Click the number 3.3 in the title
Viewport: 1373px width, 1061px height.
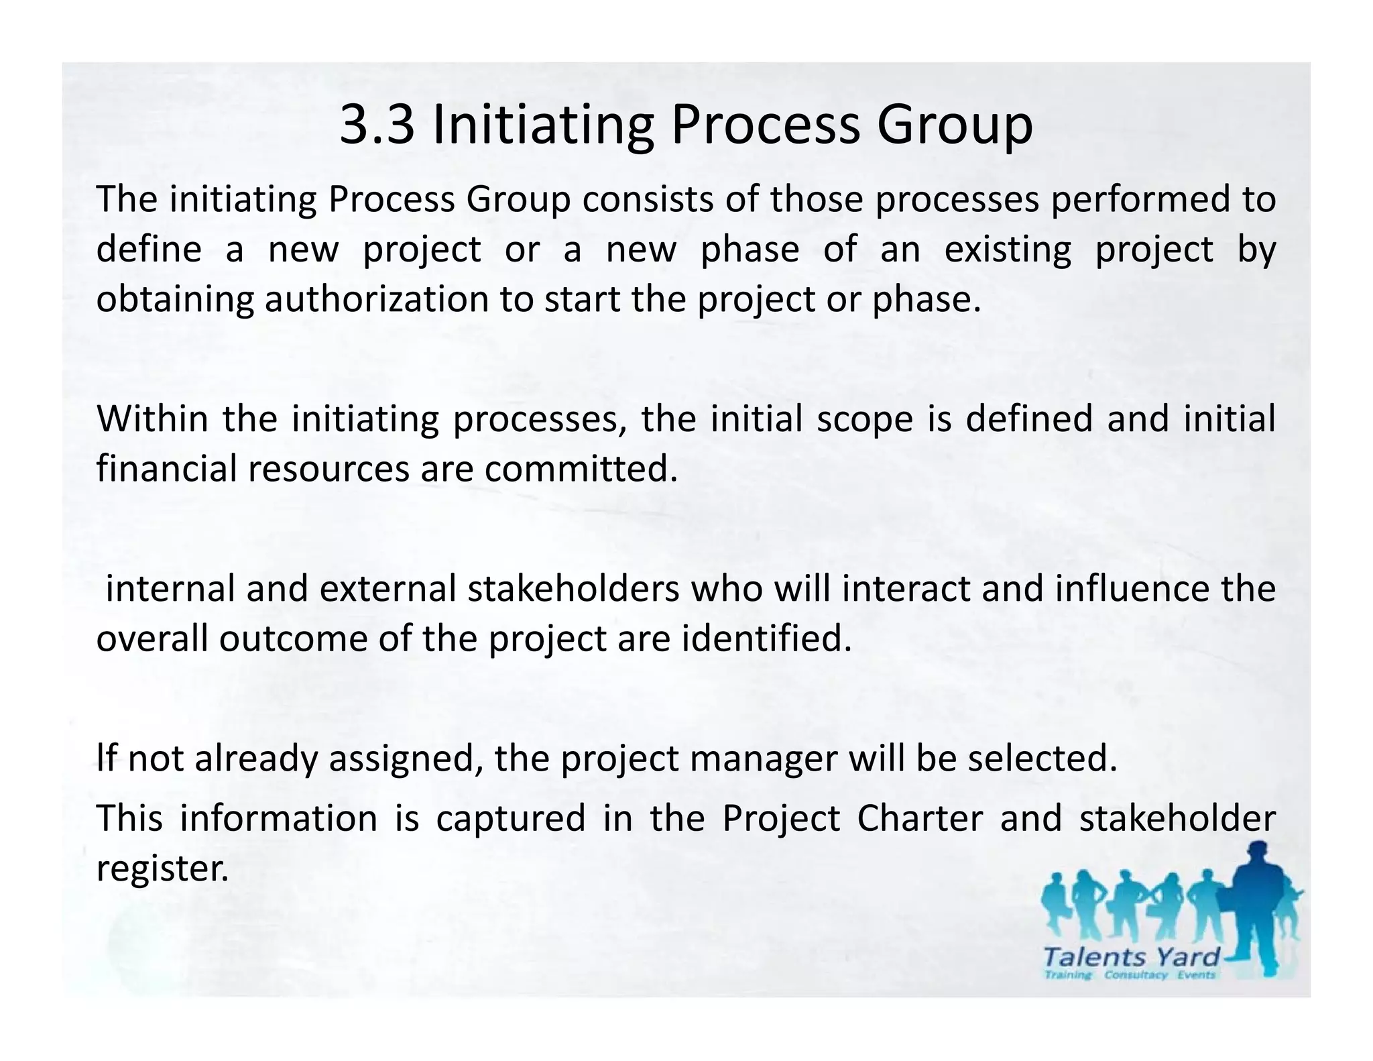(377, 125)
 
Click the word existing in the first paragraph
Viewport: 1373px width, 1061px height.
(1008, 249)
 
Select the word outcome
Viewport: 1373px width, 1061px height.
(292, 638)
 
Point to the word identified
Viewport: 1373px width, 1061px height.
(766, 638)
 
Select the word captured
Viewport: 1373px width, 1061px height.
(511, 819)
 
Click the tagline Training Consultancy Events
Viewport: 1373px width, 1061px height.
(1130, 974)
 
